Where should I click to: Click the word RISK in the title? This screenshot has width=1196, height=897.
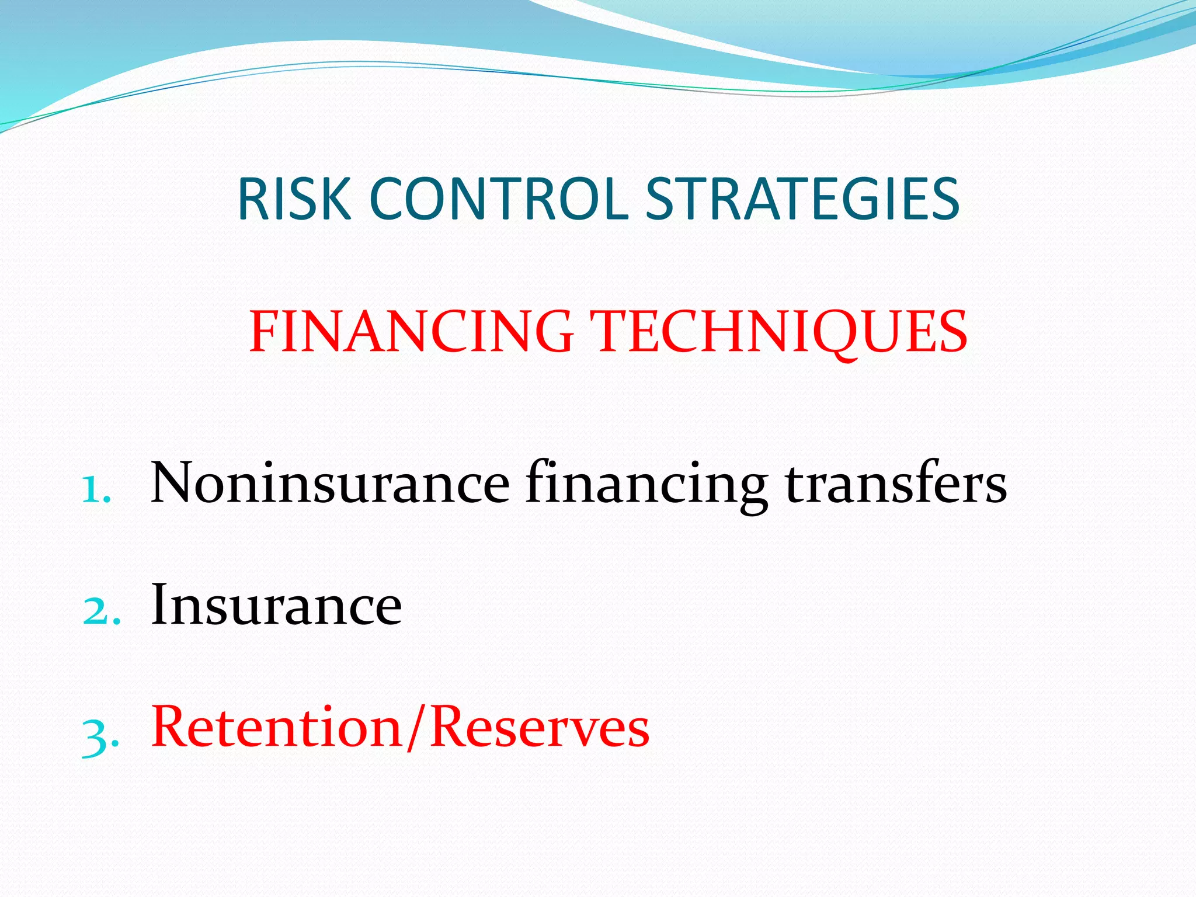(294, 200)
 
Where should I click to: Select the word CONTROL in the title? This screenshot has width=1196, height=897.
(498, 200)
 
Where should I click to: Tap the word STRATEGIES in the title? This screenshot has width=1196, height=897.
(802, 200)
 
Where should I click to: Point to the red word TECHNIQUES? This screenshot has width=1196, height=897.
(780, 332)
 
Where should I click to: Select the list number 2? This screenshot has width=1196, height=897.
(100, 611)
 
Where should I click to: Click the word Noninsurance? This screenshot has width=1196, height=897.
(330, 484)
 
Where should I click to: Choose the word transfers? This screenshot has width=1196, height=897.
(896, 484)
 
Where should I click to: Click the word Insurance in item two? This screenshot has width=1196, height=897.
(276, 606)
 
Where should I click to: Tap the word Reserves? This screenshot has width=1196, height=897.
(540, 728)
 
